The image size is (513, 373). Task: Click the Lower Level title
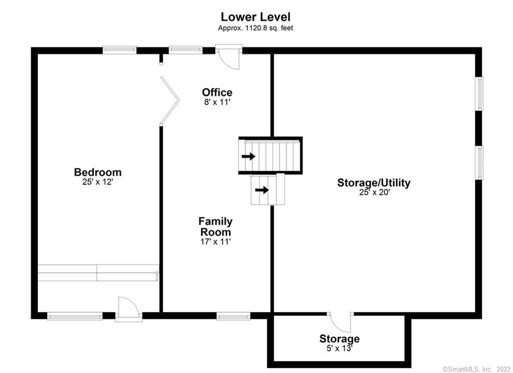point(255,17)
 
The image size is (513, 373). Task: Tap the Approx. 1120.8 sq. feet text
point(255,28)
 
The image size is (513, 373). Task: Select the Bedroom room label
point(98,172)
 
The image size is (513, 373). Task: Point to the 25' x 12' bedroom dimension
point(98,182)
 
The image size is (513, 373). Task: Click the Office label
point(217,92)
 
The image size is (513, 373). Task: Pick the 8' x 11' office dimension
point(217,102)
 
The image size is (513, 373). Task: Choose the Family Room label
point(215,227)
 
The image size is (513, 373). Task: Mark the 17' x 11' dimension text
point(215,242)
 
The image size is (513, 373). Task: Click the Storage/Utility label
point(374,182)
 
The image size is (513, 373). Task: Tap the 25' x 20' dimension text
point(374,192)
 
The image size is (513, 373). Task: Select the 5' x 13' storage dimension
point(339,348)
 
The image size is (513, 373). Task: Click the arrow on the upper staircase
point(248,156)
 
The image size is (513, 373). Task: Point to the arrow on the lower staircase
point(262,190)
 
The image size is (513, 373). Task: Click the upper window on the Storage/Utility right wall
point(479,94)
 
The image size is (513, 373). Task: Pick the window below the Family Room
point(233,316)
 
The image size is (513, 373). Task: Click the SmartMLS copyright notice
point(476,369)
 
